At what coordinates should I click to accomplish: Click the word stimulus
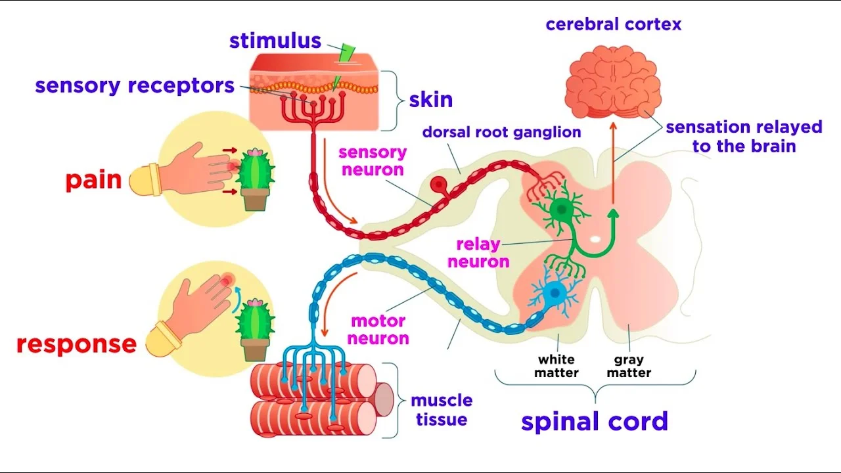pyautogui.click(x=275, y=41)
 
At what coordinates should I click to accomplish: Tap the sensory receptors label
pyautogui.click(x=135, y=85)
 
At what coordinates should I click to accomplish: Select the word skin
pyautogui.click(x=430, y=100)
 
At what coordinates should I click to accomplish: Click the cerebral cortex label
pyautogui.click(x=613, y=25)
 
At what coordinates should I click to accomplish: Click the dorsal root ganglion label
pyautogui.click(x=501, y=132)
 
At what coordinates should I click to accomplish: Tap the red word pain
pyautogui.click(x=93, y=180)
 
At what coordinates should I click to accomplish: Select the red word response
pyautogui.click(x=76, y=344)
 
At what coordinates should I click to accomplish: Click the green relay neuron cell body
pyautogui.click(x=560, y=210)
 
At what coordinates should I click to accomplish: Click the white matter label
pyautogui.click(x=557, y=366)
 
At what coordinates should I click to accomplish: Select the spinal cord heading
pyautogui.click(x=594, y=421)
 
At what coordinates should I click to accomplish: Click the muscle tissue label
pyautogui.click(x=441, y=409)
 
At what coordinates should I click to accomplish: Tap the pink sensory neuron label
pyautogui.click(x=372, y=161)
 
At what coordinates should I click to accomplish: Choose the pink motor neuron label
pyautogui.click(x=378, y=330)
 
